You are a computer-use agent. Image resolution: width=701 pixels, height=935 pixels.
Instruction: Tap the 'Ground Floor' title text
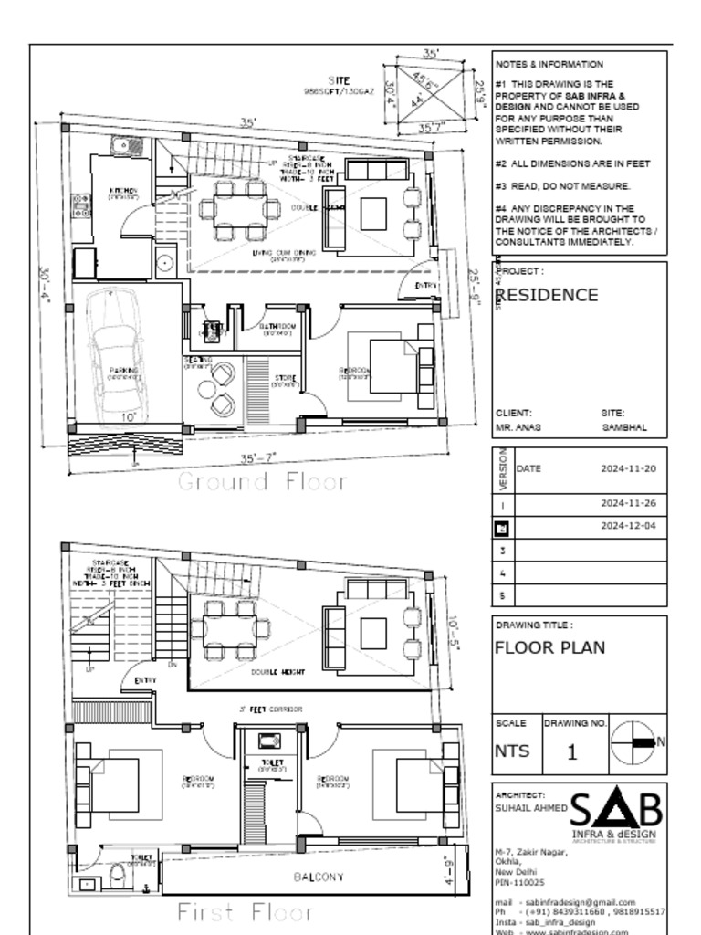[x=262, y=481]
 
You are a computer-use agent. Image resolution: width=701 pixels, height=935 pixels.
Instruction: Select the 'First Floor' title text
[x=245, y=911]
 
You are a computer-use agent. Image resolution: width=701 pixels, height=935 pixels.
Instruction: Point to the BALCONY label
[x=319, y=877]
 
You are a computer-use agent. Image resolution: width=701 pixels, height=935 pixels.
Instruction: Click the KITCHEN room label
[x=123, y=192]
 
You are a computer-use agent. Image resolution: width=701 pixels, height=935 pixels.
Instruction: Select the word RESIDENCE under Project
[x=548, y=295]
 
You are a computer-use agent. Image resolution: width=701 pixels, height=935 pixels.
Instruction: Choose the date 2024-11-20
[x=628, y=468]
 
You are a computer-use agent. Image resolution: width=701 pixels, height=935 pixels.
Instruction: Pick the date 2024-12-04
[x=628, y=527]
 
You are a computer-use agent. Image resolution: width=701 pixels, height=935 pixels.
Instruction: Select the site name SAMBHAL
[x=624, y=427]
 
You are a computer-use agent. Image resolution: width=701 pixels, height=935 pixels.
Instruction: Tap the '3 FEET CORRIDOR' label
[x=270, y=709]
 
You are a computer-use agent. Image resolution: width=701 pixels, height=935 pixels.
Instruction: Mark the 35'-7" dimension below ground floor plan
[x=258, y=458]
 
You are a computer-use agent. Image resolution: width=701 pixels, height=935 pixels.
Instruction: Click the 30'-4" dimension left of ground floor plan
[x=44, y=287]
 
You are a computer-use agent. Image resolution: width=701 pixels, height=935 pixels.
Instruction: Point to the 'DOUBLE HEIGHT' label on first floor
[x=277, y=672]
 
